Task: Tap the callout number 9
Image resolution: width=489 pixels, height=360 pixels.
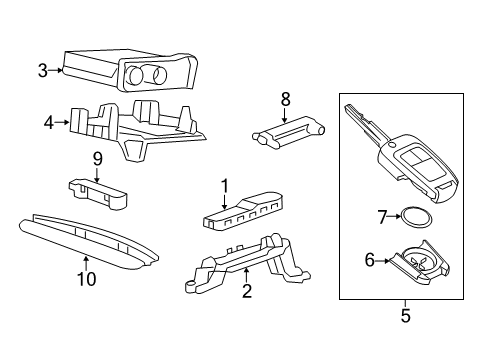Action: coord(98,159)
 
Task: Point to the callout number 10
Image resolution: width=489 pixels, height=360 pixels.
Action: coord(87,279)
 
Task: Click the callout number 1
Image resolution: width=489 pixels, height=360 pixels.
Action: coord(225,184)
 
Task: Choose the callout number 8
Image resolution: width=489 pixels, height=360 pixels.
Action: coord(285,99)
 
